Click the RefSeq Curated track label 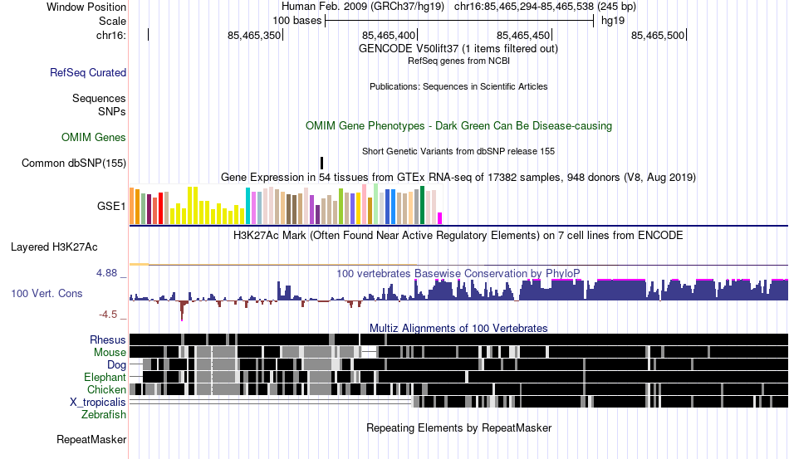88,72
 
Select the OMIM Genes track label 94,137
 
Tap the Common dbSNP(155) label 74,163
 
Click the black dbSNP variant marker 321,163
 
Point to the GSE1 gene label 111,206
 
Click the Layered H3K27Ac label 54,247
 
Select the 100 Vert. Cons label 47,293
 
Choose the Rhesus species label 108,339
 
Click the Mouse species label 110,353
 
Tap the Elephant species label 105,377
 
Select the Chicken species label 106,389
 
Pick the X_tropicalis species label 98,403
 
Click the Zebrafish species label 104,415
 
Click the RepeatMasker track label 91,439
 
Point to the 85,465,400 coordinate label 389,35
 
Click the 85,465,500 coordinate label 658,35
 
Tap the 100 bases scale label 296,21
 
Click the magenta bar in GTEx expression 440,218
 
